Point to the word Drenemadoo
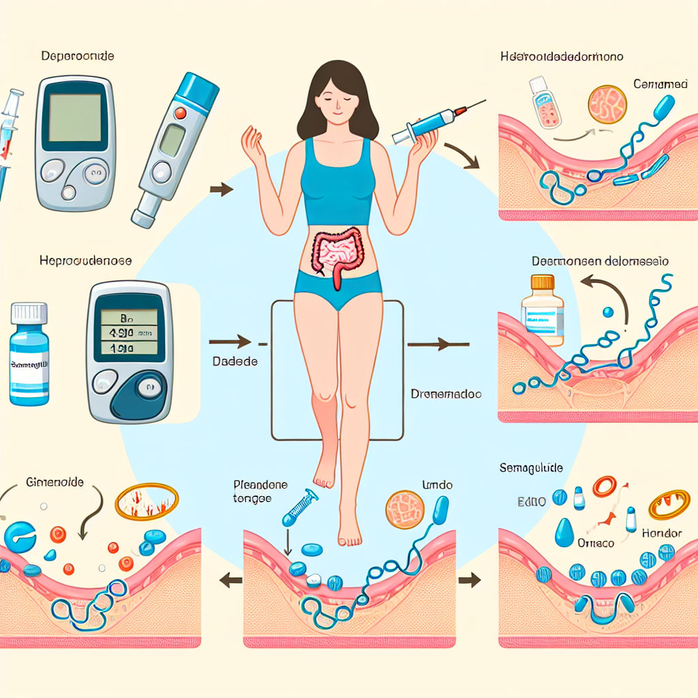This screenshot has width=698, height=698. [446, 394]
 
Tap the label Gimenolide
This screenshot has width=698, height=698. [54, 482]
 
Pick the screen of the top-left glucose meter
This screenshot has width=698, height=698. [75, 117]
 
